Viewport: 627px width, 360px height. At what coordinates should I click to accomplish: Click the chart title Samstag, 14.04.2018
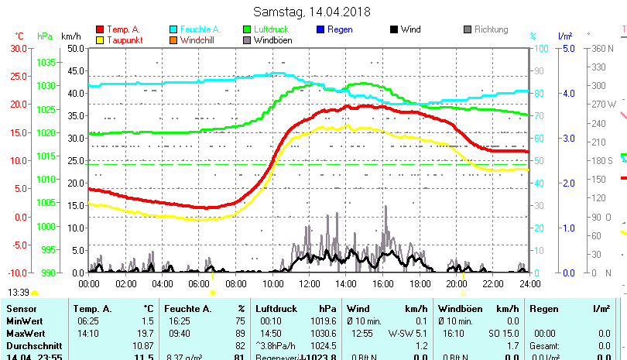coord(312,12)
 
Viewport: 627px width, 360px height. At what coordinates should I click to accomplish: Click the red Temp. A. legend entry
coord(123,29)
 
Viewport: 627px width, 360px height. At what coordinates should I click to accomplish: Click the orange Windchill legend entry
coord(198,40)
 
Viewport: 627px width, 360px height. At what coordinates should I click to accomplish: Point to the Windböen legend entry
coord(272,40)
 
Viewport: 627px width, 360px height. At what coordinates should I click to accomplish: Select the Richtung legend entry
coord(491,29)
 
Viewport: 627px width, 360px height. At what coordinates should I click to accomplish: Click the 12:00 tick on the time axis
coord(309,283)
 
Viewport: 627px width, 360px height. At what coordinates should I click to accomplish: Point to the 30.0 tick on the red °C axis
coord(18,48)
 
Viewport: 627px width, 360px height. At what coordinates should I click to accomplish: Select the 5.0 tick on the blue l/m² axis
coord(566,48)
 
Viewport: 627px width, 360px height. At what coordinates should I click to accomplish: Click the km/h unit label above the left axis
coord(70,36)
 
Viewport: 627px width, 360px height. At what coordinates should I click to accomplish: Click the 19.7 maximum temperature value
coord(146,333)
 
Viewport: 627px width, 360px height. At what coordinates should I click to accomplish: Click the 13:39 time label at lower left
coord(19,292)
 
